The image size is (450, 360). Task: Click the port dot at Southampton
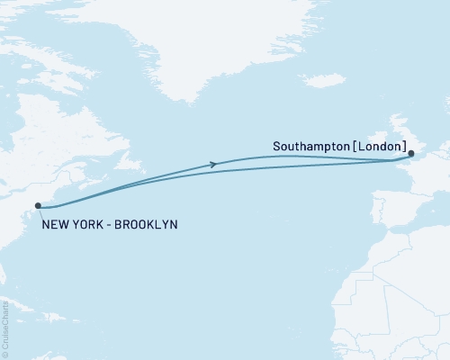coord(411,153)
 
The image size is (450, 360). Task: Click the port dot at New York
coord(38,206)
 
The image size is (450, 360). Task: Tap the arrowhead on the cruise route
coord(213,164)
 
